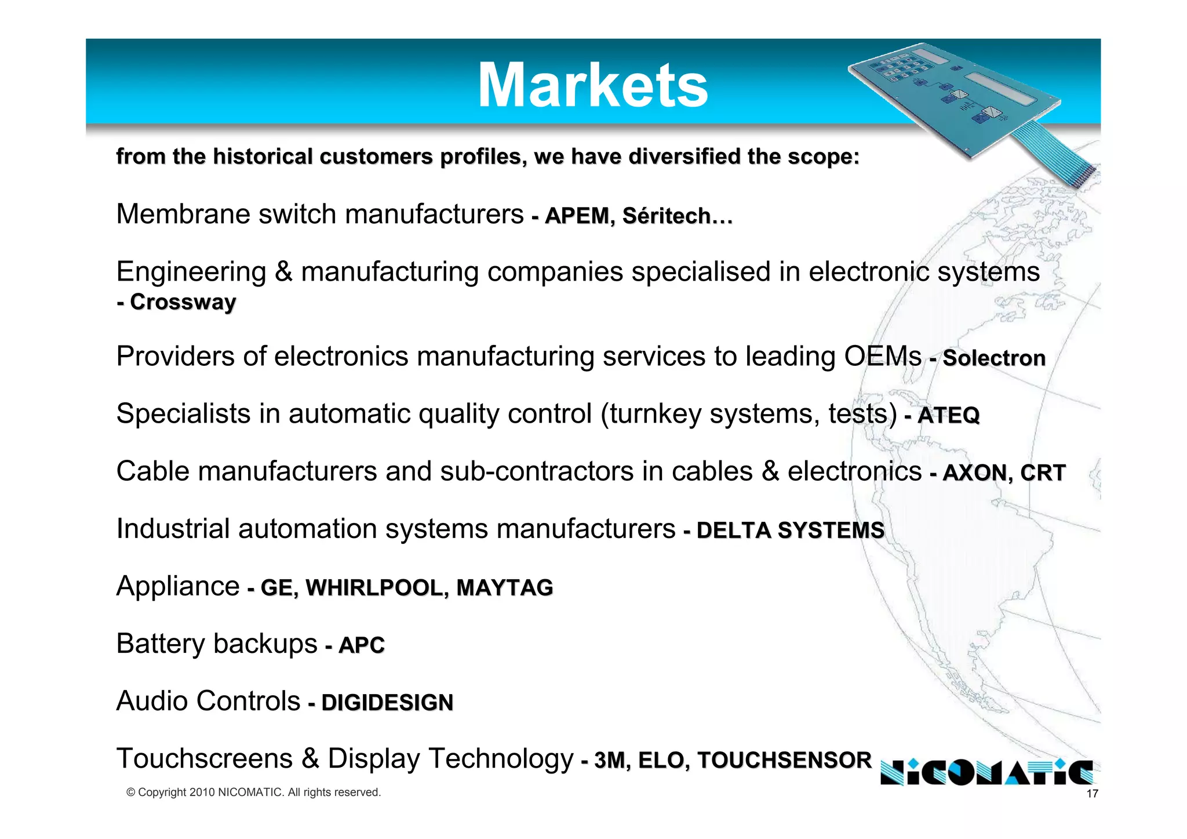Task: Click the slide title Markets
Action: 592,86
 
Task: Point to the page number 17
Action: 1092,794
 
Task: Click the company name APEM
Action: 577,216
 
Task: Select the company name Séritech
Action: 667,216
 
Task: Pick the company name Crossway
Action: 183,302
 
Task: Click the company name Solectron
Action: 994,358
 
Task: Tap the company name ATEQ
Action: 948,415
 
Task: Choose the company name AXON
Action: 974,473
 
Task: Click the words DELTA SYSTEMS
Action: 790,530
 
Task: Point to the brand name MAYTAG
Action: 504,587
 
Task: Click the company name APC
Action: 362,645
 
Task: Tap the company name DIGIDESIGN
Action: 387,702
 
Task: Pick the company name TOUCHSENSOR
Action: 784,760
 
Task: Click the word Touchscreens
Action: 204,758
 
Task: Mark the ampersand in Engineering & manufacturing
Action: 283,272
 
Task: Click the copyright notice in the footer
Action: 254,792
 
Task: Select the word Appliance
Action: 178,586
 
